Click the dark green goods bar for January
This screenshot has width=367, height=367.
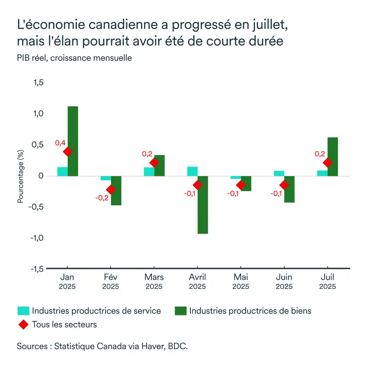click(x=73, y=141)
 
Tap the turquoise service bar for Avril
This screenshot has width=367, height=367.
click(x=192, y=171)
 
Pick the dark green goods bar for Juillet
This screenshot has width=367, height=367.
click(x=333, y=157)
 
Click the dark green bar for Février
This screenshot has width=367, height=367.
click(x=116, y=191)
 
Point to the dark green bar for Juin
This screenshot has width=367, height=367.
click(x=289, y=189)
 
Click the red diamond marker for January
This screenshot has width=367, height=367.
click(x=68, y=151)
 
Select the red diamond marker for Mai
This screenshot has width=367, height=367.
click(x=241, y=185)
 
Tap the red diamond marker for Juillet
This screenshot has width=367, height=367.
click(x=327, y=163)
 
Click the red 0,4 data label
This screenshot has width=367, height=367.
click(x=60, y=143)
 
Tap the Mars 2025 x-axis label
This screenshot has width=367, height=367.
click(x=154, y=281)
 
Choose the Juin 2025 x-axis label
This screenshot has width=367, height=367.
click(x=284, y=281)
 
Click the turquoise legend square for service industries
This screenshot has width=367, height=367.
click(x=23, y=311)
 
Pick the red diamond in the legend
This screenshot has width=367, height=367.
click(x=23, y=325)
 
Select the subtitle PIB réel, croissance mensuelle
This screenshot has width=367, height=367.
click(x=74, y=58)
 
